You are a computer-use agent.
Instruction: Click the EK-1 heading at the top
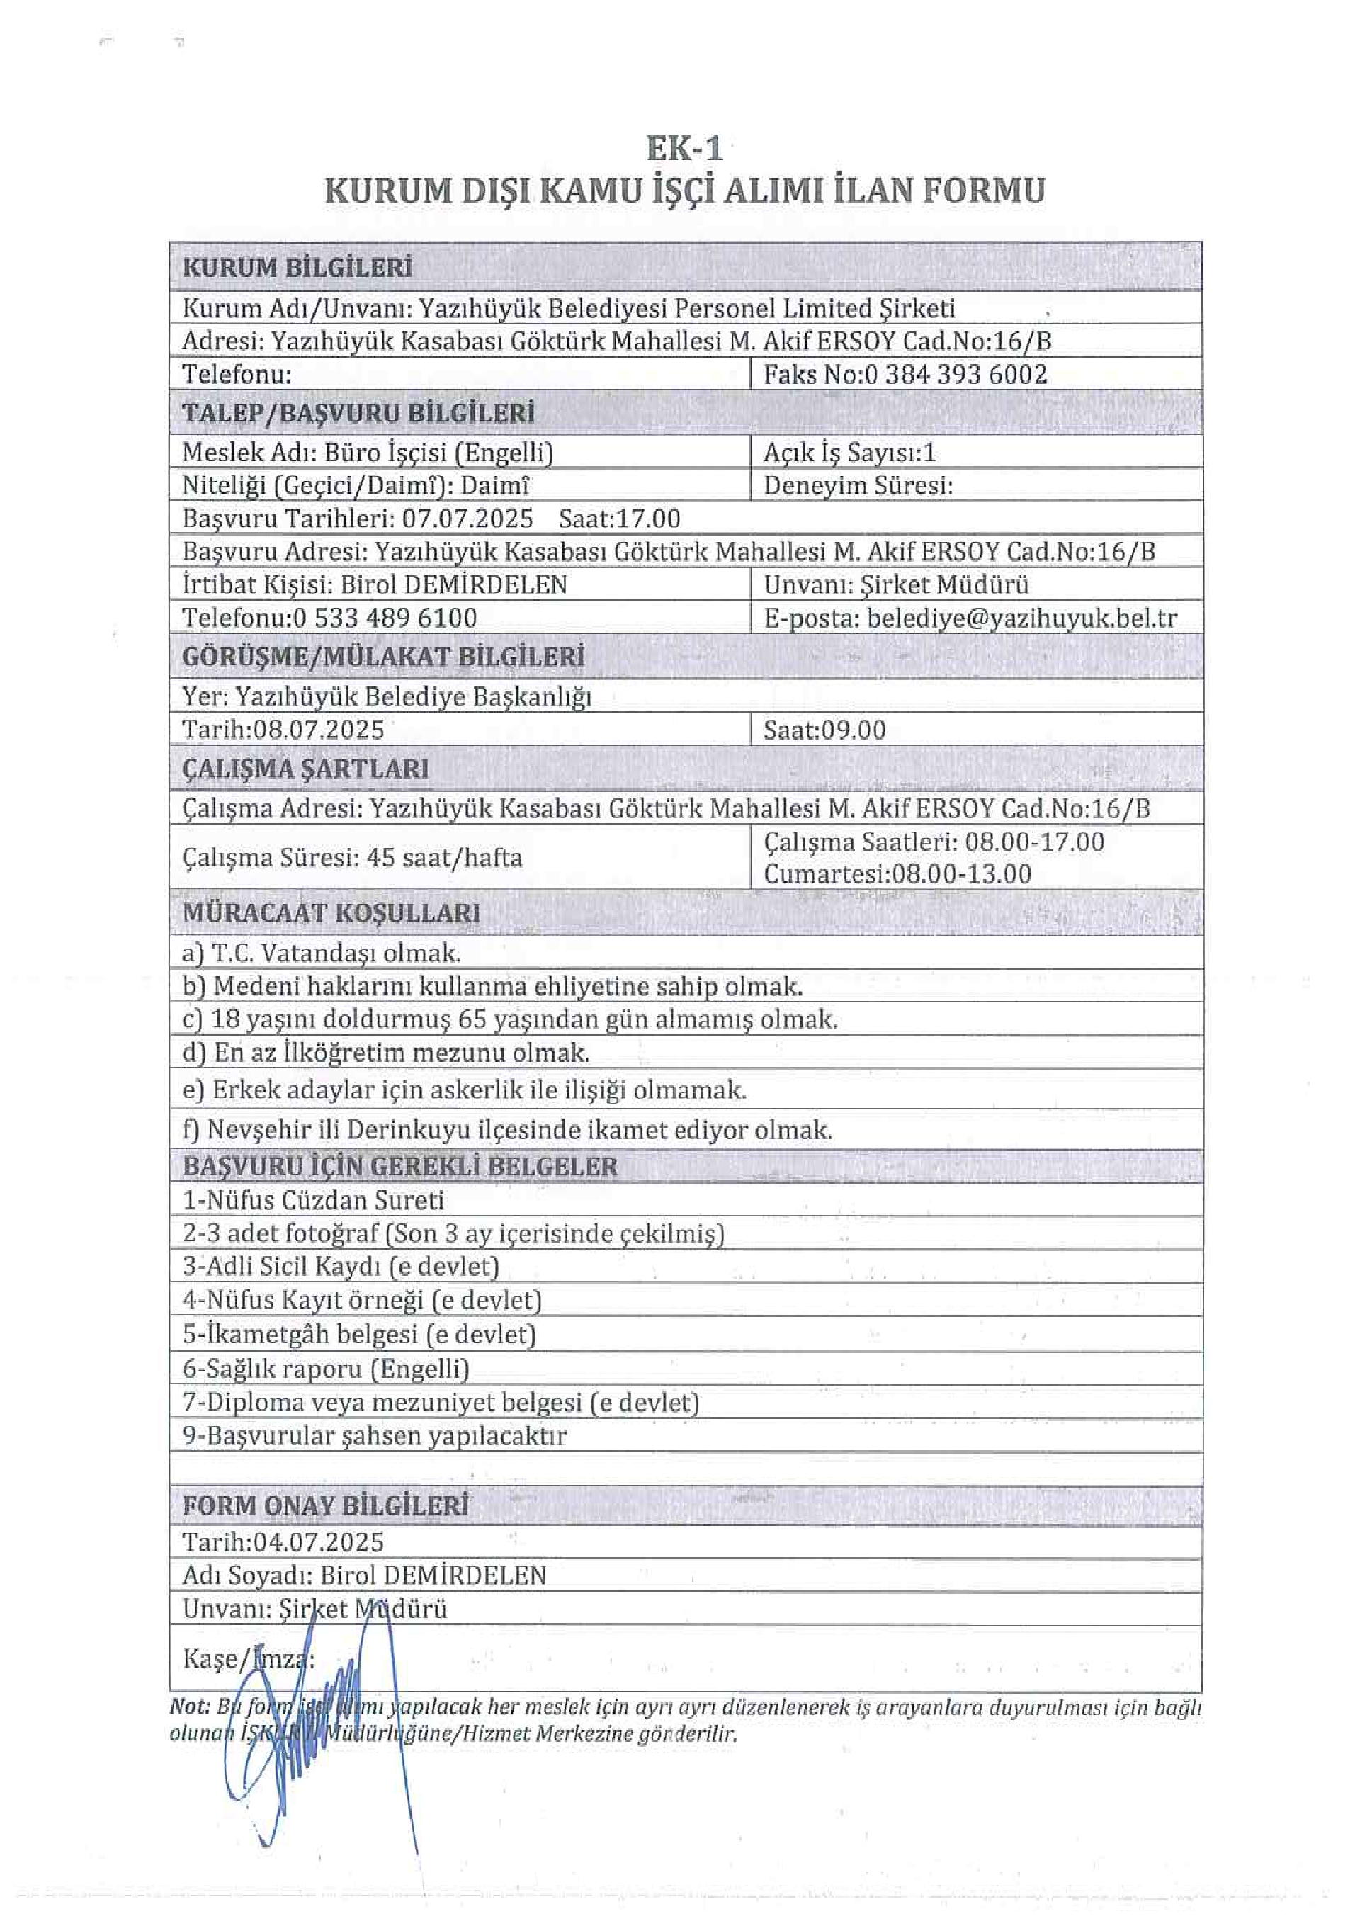[684, 149]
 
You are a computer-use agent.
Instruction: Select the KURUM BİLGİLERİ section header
[297, 268]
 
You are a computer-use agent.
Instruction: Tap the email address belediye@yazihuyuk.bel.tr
[1021, 618]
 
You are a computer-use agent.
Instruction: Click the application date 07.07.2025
[467, 518]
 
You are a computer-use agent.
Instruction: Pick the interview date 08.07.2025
[319, 729]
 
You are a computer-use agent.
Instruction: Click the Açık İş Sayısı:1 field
[849, 453]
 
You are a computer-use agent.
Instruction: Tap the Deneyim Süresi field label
[858, 485]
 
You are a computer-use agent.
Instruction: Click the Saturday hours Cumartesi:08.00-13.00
[897, 873]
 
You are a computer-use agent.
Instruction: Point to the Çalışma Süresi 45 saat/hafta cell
[352, 857]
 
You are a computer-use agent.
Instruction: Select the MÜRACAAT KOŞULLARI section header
[331, 912]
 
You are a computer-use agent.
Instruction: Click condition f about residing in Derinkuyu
[507, 1130]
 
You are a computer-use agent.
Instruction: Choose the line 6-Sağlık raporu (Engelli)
[325, 1369]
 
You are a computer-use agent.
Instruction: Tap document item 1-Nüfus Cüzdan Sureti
[312, 1200]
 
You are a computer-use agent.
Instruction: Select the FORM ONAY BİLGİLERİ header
[325, 1506]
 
